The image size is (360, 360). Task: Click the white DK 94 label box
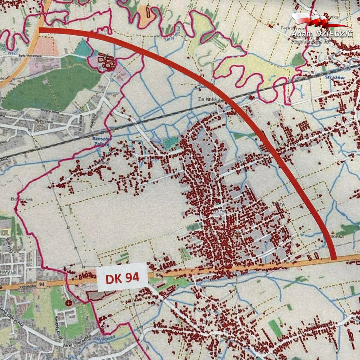click(x=122, y=277)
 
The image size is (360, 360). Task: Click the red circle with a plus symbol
click(x=69, y=302)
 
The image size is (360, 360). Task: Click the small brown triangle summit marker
click(x=333, y=232)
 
